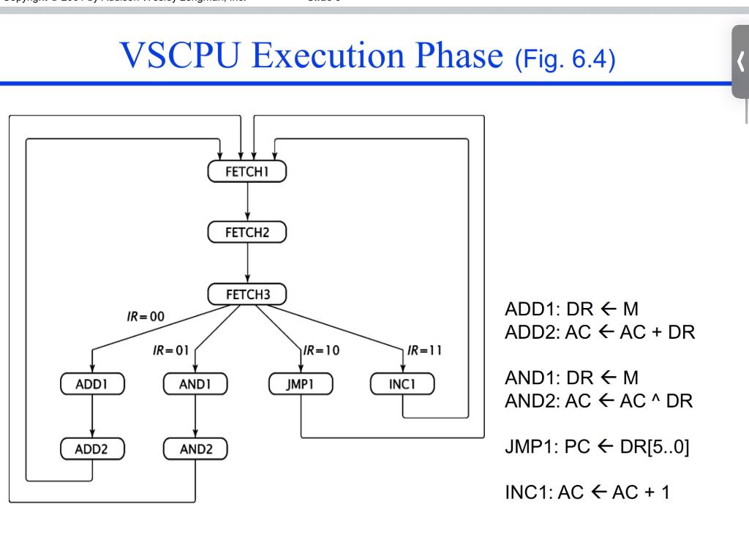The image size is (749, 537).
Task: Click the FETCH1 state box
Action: pyautogui.click(x=247, y=171)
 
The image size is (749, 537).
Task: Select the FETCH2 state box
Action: pyautogui.click(x=247, y=233)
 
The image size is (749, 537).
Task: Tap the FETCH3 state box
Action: pyautogui.click(x=247, y=295)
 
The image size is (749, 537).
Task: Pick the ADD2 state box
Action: pyautogui.click(x=92, y=448)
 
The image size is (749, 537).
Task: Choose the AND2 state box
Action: pyautogui.click(x=195, y=448)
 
